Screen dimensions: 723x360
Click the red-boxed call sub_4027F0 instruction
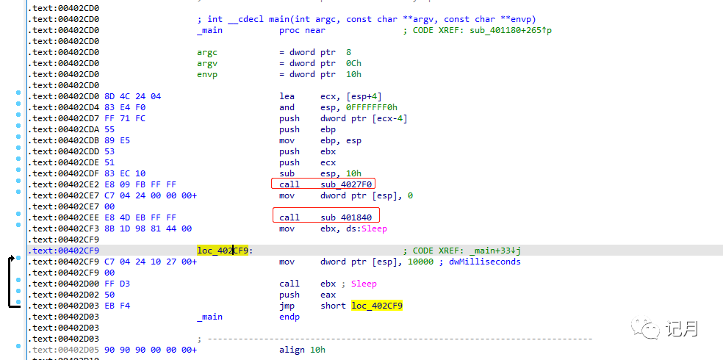pyautogui.click(x=323, y=184)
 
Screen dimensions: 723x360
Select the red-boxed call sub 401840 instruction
pyautogui.click(x=326, y=217)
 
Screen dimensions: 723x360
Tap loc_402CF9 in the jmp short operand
pyautogui.click(x=377, y=306)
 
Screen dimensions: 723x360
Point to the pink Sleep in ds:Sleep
pyautogui.click(x=374, y=228)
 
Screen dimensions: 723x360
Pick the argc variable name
pyautogui.click(x=207, y=53)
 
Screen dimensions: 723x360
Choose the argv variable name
pyautogui.click(x=207, y=64)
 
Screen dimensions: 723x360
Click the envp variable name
pyautogui.click(x=207, y=75)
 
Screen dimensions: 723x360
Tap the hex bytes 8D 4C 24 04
pyautogui.click(x=133, y=96)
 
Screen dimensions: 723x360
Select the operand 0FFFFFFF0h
pyautogui.click(x=359, y=107)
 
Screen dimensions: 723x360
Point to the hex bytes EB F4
pyautogui.click(x=117, y=306)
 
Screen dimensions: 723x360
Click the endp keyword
pyautogui.click(x=289, y=317)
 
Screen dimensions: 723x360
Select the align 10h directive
pyautogui.click(x=302, y=350)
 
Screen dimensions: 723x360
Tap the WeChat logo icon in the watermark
pyautogui.click(x=644, y=328)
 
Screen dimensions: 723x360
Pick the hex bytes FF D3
pyautogui.click(x=117, y=284)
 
